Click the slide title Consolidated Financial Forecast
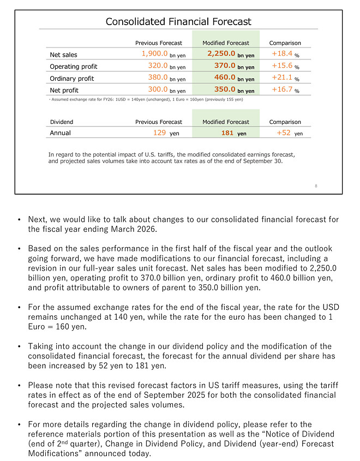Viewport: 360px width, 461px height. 178,22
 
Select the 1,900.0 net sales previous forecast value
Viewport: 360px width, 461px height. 155,54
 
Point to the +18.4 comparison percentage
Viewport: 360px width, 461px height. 282,54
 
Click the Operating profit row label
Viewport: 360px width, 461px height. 73,67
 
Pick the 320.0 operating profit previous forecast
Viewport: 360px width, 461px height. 158,66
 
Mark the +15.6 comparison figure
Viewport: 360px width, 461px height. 282,66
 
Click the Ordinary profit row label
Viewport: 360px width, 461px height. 71,78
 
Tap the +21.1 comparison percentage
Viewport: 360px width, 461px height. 282,77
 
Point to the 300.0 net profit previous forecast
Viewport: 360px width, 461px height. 158,89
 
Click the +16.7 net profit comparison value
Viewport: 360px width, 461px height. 282,89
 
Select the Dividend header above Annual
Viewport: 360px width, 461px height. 61,122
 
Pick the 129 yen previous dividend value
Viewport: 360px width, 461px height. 159,133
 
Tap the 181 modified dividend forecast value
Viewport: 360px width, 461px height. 227,133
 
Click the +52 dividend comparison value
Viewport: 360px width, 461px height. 284,133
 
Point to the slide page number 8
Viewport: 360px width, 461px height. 316,186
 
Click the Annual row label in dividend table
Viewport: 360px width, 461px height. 60,133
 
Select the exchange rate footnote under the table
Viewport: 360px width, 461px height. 146,99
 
